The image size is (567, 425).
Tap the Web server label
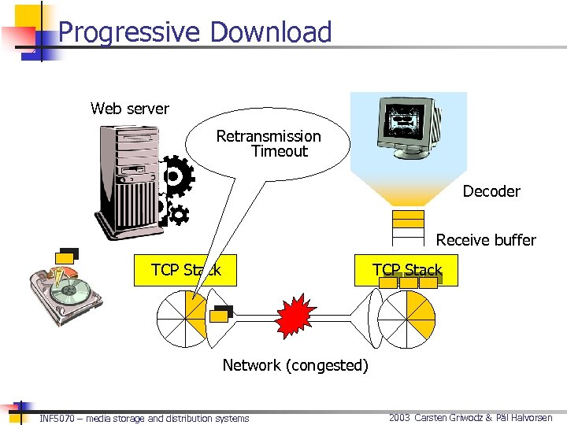click(x=130, y=109)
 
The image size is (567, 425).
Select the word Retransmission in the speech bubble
click(x=269, y=136)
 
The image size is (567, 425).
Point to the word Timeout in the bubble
click(x=279, y=151)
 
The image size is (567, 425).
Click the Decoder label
click(x=491, y=191)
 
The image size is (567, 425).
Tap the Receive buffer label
click(x=486, y=240)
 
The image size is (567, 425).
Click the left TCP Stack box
click(x=186, y=271)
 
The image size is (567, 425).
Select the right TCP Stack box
click(x=407, y=271)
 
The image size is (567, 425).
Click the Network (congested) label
click(x=295, y=365)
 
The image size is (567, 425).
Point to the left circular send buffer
click(x=183, y=318)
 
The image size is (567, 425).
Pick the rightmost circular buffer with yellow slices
click(x=406, y=318)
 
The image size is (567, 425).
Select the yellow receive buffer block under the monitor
click(x=408, y=217)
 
